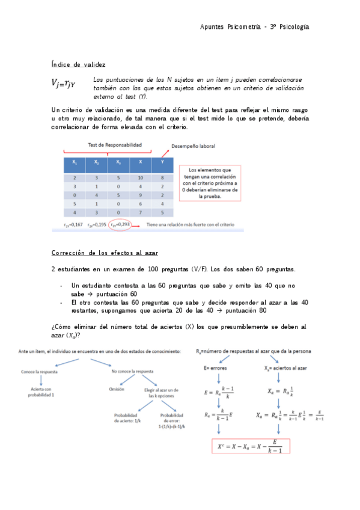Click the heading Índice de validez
coord(78,64)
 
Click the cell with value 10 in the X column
coord(140,178)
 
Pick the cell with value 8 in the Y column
coord(162,178)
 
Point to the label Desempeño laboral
coord(193,146)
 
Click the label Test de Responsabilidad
coord(115,145)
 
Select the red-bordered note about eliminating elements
coord(209,183)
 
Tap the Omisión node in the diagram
coord(117,389)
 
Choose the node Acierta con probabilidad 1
coord(40,392)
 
